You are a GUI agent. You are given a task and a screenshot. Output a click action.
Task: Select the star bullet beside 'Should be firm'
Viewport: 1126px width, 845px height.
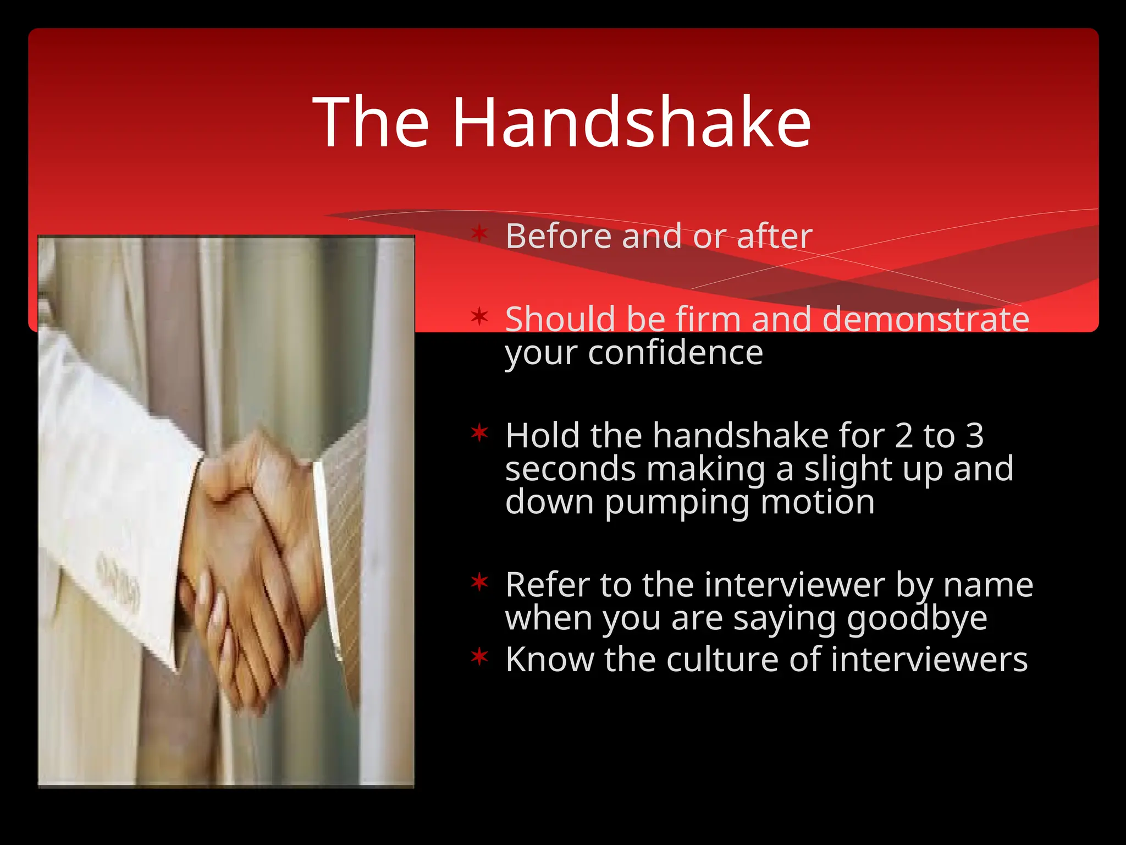tap(479, 316)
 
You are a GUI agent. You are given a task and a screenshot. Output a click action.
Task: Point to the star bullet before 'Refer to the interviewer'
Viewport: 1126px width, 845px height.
tap(479, 581)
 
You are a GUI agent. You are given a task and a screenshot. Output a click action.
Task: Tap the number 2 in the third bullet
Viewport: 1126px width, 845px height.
tap(903, 436)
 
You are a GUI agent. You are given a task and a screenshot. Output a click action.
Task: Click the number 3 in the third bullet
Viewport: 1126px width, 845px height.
tap(974, 436)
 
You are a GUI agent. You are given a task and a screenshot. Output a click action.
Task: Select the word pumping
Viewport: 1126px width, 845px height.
tap(676, 503)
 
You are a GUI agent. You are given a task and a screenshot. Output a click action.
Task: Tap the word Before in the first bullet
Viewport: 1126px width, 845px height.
tap(558, 236)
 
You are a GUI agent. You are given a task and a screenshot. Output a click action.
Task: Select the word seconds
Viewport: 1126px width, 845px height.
tap(571, 469)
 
